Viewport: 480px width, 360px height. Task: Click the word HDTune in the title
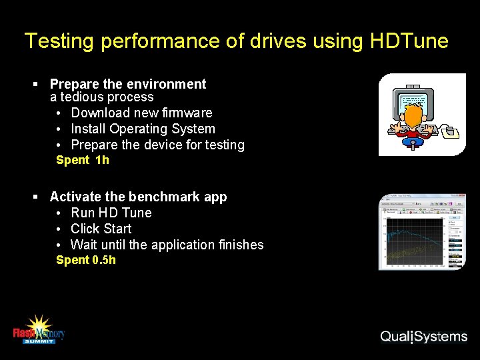click(409, 41)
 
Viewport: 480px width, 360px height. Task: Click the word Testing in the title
click(57, 41)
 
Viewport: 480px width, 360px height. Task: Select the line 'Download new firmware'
click(141, 113)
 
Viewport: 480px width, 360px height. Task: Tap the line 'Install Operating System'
click(143, 129)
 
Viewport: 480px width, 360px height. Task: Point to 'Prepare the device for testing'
click(157, 145)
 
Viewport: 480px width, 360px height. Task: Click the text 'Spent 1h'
click(83, 160)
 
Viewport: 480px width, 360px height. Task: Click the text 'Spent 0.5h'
click(86, 260)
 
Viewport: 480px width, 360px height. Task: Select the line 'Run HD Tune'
click(111, 213)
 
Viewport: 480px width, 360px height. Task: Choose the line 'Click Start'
click(101, 229)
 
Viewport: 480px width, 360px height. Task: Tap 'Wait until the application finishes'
click(167, 245)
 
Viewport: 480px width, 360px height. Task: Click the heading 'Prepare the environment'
click(128, 84)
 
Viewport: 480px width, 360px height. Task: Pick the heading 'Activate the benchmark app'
click(138, 197)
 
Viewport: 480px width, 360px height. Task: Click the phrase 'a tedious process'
click(102, 97)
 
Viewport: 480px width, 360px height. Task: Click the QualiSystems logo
click(423, 337)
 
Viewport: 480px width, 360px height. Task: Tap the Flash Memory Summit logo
click(39, 329)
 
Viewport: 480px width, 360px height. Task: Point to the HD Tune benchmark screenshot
click(422, 232)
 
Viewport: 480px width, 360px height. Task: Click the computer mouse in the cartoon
click(451, 131)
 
